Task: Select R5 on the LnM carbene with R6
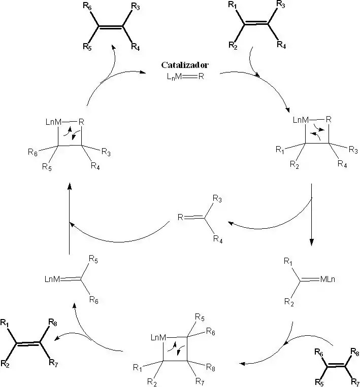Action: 93,259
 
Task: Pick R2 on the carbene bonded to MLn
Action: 288,303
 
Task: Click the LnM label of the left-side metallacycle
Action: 52,121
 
